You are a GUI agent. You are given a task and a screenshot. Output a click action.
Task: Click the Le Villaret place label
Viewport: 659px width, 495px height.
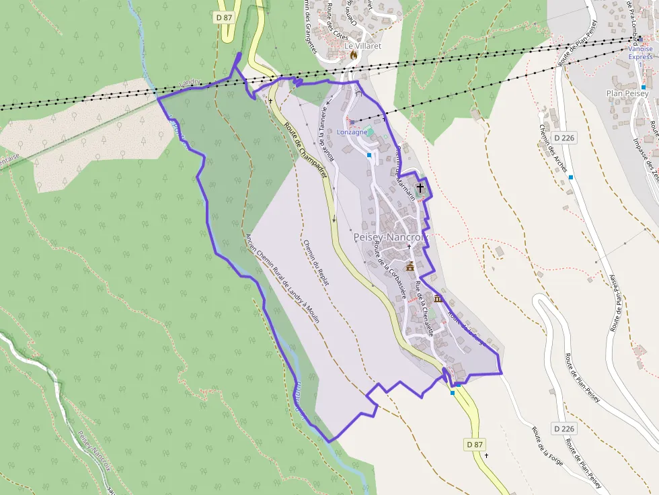pyautogui.click(x=362, y=46)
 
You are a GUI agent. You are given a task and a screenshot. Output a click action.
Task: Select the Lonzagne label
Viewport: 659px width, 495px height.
pyautogui.click(x=352, y=132)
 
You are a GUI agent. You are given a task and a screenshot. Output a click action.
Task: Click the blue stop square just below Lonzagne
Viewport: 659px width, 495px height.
pyautogui.click(x=369, y=155)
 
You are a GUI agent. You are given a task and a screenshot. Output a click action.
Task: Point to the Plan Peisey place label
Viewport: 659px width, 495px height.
pyautogui.click(x=627, y=93)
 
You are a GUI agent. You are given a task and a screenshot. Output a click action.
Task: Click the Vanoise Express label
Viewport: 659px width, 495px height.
pyautogui.click(x=640, y=52)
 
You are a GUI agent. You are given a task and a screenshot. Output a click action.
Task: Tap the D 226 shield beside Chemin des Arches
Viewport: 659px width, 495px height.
pyautogui.click(x=565, y=138)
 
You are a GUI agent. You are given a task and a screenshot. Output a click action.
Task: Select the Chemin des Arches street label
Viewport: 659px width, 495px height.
pyautogui.click(x=553, y=148)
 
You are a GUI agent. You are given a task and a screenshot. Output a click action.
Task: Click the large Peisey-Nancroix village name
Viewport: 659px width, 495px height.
pyautogui.click(x=390, y=238)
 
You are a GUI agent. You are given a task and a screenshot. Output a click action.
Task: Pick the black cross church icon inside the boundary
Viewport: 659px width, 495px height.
pyautogui.click(x=421, y=188)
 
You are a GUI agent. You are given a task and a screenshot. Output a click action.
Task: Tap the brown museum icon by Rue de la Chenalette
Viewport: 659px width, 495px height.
pyautogui.click(x=438, y=298)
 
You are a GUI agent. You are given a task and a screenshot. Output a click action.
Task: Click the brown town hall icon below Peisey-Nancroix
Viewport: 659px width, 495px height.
pyautogui.click(x=410, y=267)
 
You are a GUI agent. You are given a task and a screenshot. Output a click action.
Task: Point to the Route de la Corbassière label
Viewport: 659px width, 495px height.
pyautogui.click(x=389, y=269)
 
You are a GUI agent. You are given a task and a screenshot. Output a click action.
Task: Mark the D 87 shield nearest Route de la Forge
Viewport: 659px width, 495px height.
pyautogui.click(x=474, y=445)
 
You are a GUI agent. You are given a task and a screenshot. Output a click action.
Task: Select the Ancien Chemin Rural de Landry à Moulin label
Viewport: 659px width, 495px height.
pyautogui.click(x=282, y=278)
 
